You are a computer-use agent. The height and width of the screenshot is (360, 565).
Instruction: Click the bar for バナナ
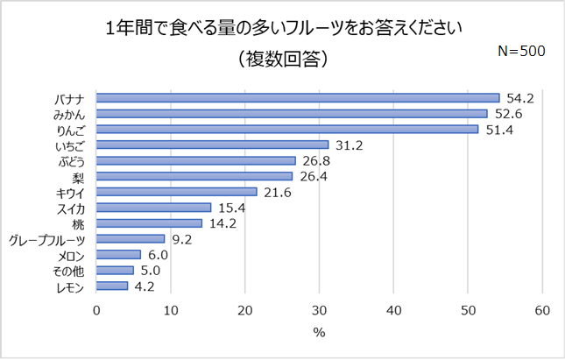click(298, 97)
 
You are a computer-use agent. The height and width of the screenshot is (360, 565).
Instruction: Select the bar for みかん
click(292, 113)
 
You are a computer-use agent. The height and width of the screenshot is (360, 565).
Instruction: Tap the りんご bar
click(287, 129)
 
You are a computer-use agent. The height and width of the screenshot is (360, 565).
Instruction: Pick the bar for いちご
click(212, 145)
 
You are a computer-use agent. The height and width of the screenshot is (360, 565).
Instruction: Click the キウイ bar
click(176, 192)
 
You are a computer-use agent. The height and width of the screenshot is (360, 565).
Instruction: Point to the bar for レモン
click(112, 286)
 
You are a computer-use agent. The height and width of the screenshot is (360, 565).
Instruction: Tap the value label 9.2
click(182, 238)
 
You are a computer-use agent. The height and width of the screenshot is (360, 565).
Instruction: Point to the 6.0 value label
click(159, 254)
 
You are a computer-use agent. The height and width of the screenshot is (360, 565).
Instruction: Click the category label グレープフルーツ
click(46, 239)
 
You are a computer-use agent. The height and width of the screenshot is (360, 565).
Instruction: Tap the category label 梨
click(77, 176)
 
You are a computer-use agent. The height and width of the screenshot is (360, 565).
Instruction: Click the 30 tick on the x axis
click(320, 309)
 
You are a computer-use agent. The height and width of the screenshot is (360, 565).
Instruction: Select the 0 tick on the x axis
click(96, 309)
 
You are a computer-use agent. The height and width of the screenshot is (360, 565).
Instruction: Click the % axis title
click(319, 333)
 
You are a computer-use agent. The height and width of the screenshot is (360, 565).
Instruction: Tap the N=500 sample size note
click(521, 51)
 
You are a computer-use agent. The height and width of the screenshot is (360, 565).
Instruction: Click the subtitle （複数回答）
click(282, 60)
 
